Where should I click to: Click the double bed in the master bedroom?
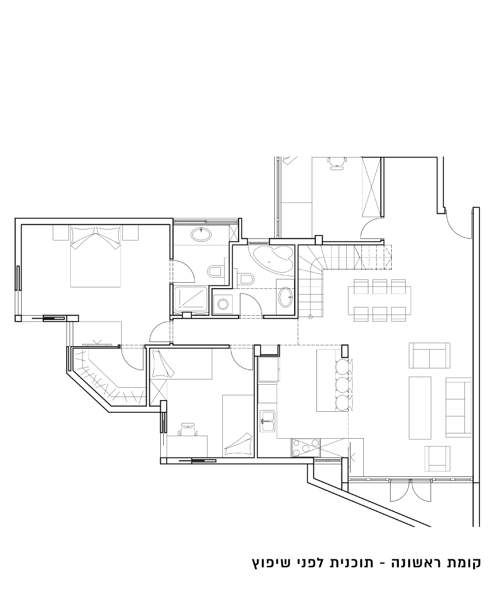click(96, 257)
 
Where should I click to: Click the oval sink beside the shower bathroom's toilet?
click(201, 235)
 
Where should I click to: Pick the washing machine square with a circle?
click(223, 304)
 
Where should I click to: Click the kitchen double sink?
click(268, 421)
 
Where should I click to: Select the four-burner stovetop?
click(305, 447)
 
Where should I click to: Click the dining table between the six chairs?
click(380, 300)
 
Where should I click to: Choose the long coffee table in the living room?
click(420, 408)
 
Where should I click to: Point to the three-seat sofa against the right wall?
click(458, 407)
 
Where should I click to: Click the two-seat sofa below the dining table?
click(429, 356)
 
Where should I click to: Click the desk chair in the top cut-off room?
click(337, 163)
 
